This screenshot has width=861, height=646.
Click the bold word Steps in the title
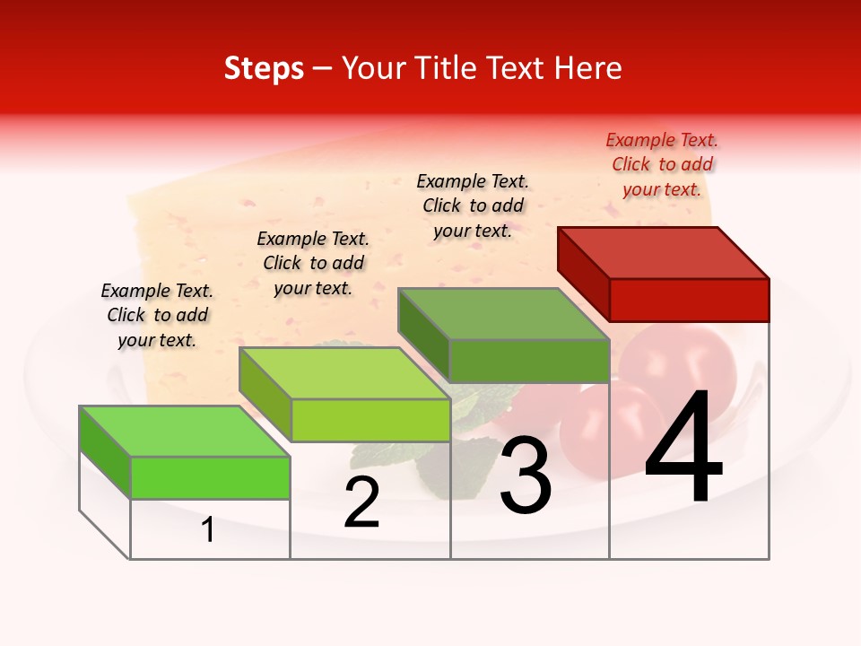[x=264, y=68]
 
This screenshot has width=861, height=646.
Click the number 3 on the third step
[x=526, y=476]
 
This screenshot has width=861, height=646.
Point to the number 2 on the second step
[x=362, y=503]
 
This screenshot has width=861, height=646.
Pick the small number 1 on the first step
[x=208, y=530]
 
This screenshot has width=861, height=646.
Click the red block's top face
[x=664, y=252]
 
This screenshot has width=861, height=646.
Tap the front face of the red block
[x=689, y=300]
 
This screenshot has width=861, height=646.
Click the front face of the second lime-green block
[x=370, y=420]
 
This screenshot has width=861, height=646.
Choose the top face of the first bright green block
[x=185, y=431]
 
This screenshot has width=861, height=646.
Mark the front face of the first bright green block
[x=210, y=477]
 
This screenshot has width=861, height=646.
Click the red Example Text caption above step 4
[x=662, y=164]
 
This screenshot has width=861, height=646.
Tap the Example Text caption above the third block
[x=473, y=205]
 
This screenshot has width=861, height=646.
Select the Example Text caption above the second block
[x=313, y=263]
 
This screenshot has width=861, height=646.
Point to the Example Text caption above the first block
[x=157, y=315]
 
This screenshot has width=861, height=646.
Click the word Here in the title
[x=591, y=68]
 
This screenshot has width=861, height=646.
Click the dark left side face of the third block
[x=423, y=335]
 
